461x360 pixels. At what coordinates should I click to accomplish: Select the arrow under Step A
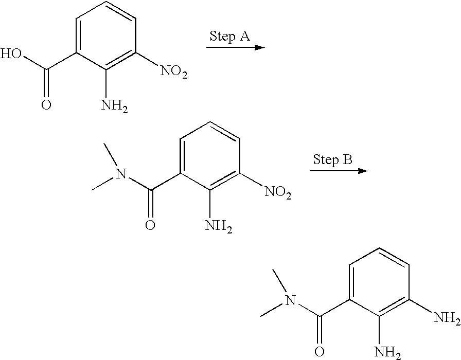pos(235,47)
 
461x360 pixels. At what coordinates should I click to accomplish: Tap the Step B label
pos(332,159)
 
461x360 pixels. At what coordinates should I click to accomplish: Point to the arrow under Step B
pos(339,171)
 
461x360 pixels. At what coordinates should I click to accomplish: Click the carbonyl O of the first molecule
pos(46,106)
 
